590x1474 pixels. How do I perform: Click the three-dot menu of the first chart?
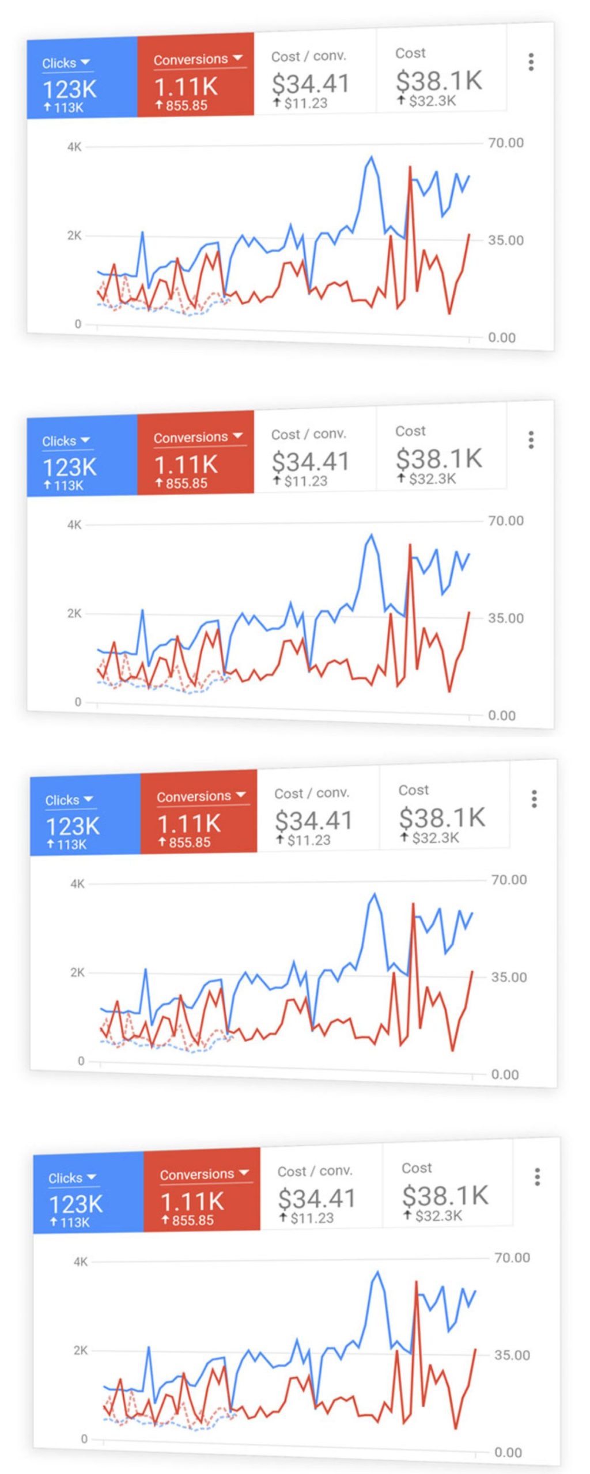531,62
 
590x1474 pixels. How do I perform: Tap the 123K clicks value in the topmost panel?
70,89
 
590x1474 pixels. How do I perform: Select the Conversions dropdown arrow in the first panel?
237,58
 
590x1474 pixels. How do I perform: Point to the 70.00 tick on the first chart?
506,143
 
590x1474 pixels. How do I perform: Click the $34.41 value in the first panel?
311,83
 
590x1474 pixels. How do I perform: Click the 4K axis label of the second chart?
74,525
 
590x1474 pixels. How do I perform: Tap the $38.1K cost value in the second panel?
439,459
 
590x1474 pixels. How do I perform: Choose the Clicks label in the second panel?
59,441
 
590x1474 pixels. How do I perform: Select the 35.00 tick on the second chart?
506,618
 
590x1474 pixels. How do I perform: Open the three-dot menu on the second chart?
531,440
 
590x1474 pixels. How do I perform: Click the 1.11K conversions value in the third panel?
189,823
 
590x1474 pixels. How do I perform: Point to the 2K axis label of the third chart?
77,972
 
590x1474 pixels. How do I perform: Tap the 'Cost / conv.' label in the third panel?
312,793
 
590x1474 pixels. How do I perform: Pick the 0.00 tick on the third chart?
505,1074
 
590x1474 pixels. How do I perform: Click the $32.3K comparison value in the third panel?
436,838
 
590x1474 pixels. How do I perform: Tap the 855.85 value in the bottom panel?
192,1220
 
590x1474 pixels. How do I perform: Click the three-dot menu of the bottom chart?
537,1177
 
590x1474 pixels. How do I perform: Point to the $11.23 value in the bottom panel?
312,1218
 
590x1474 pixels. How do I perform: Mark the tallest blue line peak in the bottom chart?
378,1272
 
